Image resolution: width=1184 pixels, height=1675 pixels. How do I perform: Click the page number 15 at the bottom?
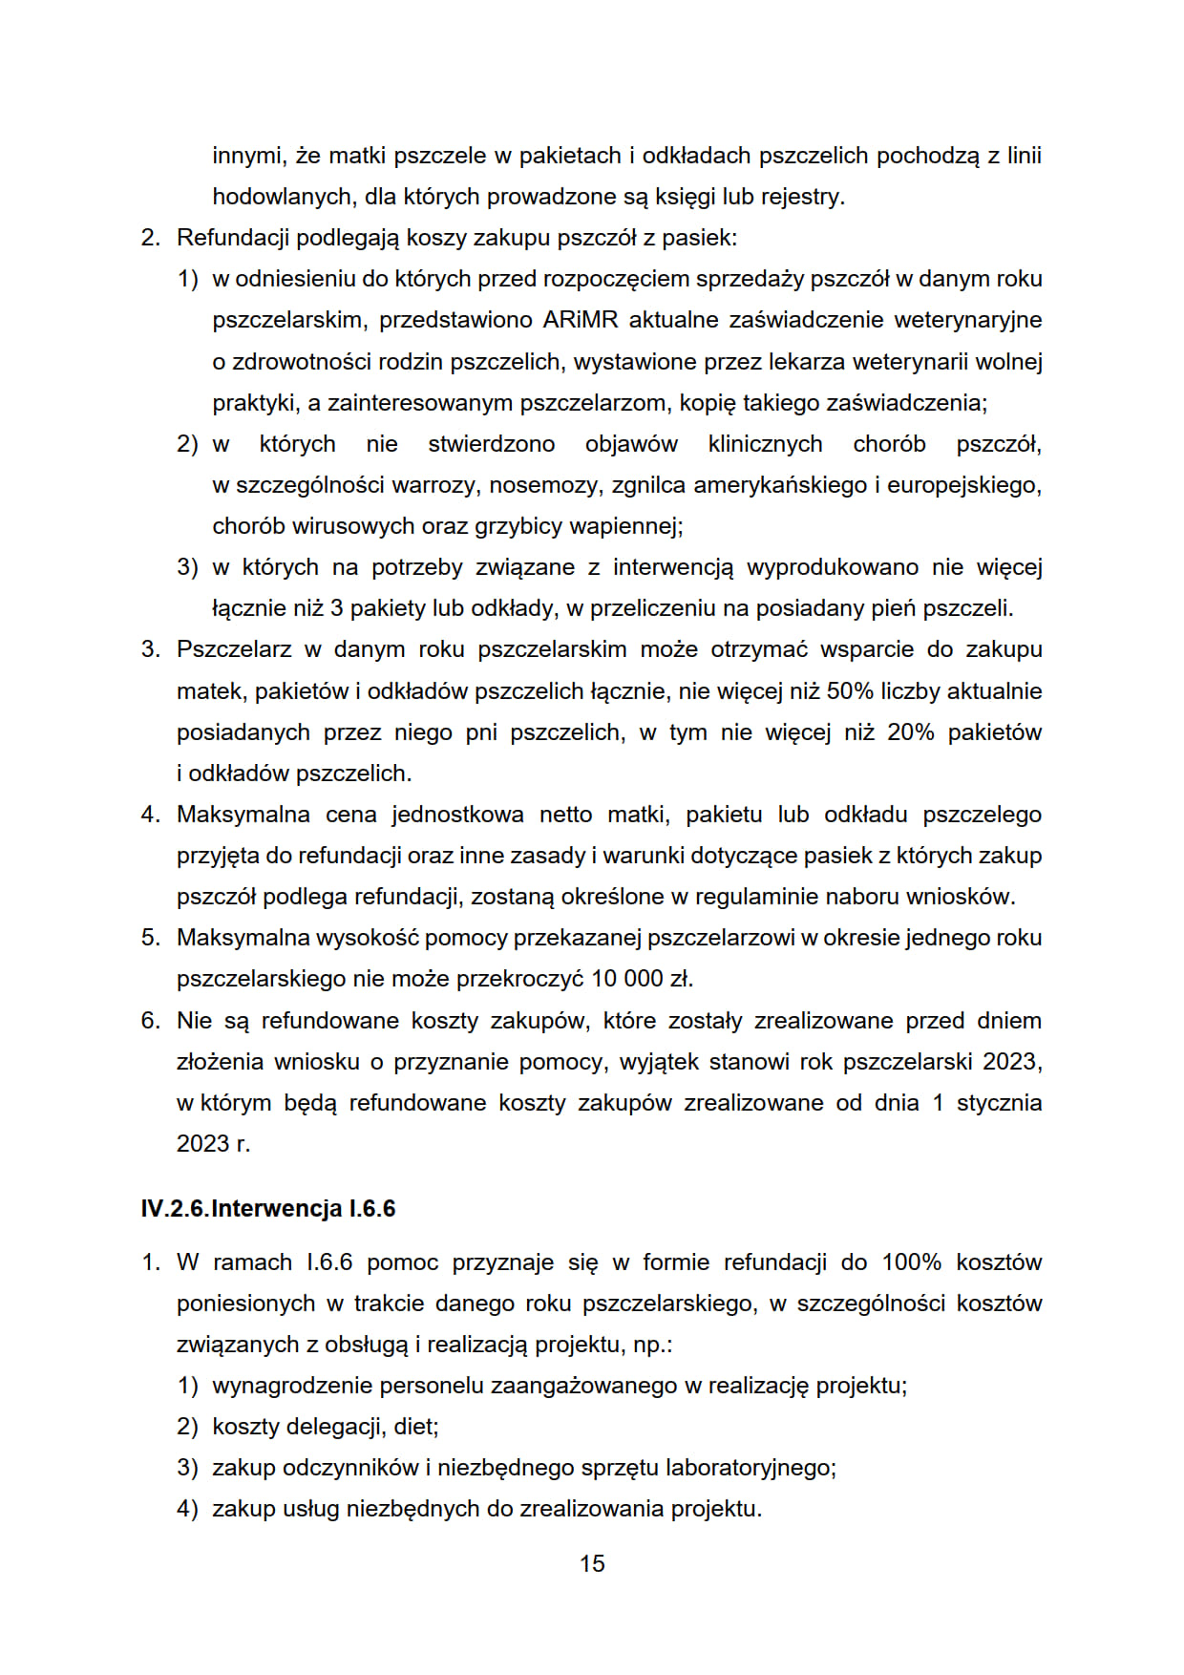coord(592,1563)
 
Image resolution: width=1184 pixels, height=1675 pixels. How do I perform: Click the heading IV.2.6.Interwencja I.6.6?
coord(267,1208)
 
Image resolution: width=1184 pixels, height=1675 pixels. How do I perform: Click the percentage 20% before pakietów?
coord(911,732)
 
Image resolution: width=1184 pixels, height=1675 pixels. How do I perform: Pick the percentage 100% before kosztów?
coord(911,1262)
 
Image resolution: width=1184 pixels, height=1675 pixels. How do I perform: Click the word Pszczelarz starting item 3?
coord(234,649)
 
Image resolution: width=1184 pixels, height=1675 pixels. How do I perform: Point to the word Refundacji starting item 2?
coord(233,238)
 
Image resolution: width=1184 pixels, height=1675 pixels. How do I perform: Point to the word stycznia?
coord(999,1103)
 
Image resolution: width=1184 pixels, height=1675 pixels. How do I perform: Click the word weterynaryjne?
coord(967,320)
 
